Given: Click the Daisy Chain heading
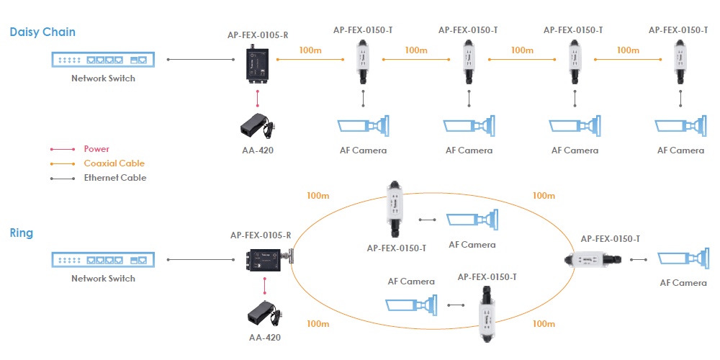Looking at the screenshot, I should point(42,32).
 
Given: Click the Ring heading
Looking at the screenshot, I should point(22,233).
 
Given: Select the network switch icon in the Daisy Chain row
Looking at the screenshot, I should point(103,59).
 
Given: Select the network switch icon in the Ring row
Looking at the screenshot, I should point(103,259).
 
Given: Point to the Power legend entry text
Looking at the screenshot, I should point(96,149).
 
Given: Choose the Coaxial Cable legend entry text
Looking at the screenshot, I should point(114,163).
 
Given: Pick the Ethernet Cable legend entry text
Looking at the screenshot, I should point(115,178).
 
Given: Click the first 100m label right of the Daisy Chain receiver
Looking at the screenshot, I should point(310,50).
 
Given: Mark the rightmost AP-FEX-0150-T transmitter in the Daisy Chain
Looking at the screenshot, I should point(679,65).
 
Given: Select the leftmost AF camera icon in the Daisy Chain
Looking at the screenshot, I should point(364,127).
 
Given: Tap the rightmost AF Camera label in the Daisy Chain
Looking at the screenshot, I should point(680,150).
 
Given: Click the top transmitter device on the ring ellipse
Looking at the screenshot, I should point(395,209).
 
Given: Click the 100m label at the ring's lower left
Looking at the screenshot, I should point(318,324).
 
